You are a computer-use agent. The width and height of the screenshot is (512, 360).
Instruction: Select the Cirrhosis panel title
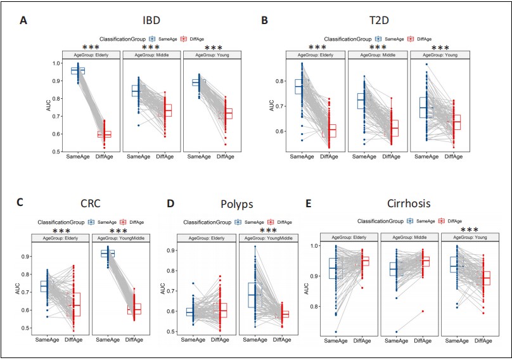click(409, 203)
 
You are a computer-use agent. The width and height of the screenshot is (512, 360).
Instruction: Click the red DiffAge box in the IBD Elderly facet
click(104, 134)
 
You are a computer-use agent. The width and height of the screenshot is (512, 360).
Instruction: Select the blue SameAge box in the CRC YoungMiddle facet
click(107, 254)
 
